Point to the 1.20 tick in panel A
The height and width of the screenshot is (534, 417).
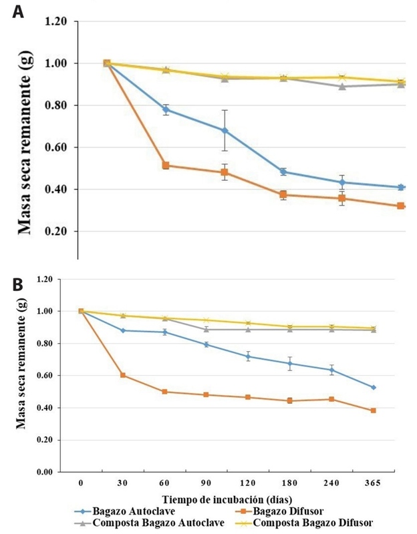coord(55,21)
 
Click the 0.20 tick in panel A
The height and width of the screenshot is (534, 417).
coord(55,232)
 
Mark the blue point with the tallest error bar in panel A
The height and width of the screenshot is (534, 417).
coord(225,130)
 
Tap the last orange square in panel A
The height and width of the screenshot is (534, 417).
coord(401,206)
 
